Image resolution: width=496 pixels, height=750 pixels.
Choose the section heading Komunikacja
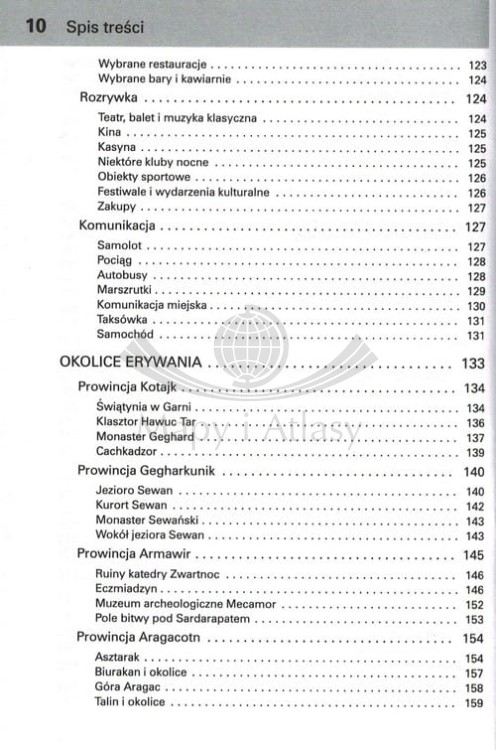116,226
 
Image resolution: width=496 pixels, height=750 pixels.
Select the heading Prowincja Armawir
134,554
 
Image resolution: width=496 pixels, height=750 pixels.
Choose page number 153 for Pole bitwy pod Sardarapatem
475,620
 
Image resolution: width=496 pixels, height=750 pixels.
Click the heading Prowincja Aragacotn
140,639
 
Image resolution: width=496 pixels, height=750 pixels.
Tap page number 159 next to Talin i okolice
475,704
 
